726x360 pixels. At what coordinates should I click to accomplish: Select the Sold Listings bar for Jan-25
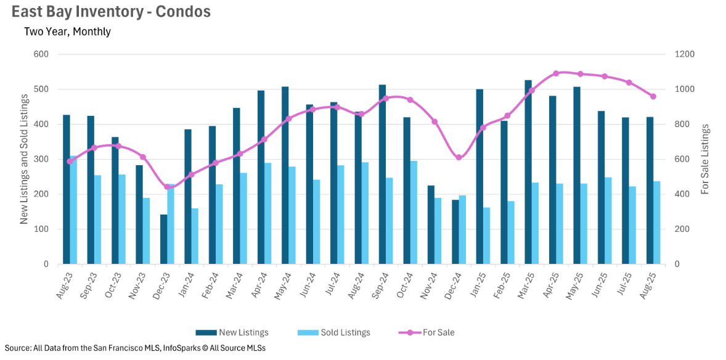(x=486, y=235)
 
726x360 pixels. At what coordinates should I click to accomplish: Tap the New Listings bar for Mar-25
(x=528, y=172)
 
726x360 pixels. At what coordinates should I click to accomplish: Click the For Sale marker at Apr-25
(x=556, y=73)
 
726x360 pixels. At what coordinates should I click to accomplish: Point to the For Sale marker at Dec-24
(x=459, y=158)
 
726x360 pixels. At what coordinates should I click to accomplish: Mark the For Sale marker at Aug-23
(x=70, y=162)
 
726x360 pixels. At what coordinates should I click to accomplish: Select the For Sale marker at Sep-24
(x=386, y=98)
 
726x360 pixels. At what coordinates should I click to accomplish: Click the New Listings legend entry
(x=232, y=333)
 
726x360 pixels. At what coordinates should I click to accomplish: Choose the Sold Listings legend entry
(x=334, y=333)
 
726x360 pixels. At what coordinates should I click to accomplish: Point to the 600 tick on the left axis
(x=41, y=54)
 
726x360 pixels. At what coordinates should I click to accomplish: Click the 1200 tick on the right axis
(x=685, y=54)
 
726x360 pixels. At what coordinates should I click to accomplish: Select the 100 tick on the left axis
(x=41, y=229)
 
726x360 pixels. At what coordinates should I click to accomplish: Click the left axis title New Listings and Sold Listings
(x=25, y=159)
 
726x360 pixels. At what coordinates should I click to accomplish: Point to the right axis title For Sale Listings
(x=705, y=159)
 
